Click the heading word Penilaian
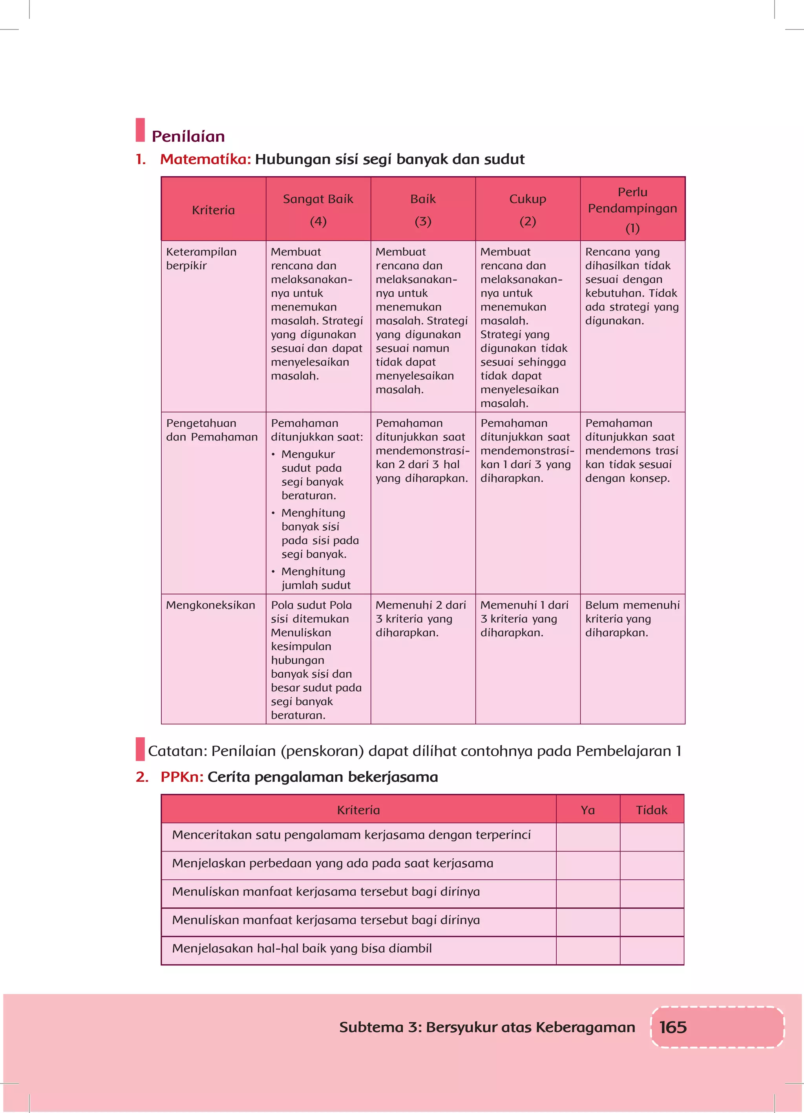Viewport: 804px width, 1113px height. (188, 137)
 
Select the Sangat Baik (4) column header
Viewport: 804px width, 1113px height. (318, 210)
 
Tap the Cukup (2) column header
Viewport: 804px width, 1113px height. (528, 210)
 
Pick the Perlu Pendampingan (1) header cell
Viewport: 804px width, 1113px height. (632, 210)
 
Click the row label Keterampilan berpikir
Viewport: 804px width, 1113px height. (201, 259)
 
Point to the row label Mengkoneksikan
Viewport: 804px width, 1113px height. (210, 605)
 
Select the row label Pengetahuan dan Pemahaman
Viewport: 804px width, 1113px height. (211, 430)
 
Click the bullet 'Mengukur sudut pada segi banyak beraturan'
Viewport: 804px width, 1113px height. (312, 475)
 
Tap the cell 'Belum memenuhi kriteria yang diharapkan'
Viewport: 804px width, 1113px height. (632, 618)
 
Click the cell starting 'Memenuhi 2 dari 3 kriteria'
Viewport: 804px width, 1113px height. (421, 618)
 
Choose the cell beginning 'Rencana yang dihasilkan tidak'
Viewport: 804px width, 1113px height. (631, 286)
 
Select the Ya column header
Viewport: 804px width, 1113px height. (588, 810)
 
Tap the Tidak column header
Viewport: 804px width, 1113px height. (651, 810)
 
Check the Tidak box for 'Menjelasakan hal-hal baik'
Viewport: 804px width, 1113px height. (651, 950)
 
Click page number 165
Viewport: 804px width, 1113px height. (672, 1027)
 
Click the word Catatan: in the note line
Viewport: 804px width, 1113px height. (177, 751)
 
